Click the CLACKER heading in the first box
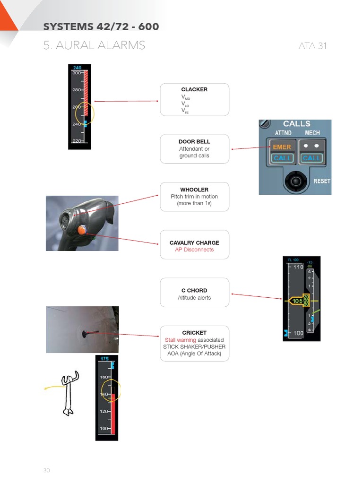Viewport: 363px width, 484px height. [194, 89]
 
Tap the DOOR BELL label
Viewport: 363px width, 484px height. [194, 141]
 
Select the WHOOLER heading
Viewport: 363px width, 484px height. [194, 190]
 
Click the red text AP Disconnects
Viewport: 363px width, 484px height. [194, 250]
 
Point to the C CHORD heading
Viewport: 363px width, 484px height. [194, 290]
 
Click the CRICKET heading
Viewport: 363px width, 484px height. [194, 333]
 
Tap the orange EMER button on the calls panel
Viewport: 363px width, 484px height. [282, 147]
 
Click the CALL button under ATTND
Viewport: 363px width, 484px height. [282, 158]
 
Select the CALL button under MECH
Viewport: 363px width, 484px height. [311, 158]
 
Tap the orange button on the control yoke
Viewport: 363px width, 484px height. [82, 230]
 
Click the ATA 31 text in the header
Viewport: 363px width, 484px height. [312, 46]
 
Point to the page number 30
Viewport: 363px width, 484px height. [46, 470]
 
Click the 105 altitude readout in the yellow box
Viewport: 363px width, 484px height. [297, 301]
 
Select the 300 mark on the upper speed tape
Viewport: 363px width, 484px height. [76, 73]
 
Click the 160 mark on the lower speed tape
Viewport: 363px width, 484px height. [104, 377]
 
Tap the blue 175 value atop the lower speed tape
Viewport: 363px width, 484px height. [104, 359]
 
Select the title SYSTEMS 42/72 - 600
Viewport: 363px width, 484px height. [101, 26]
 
